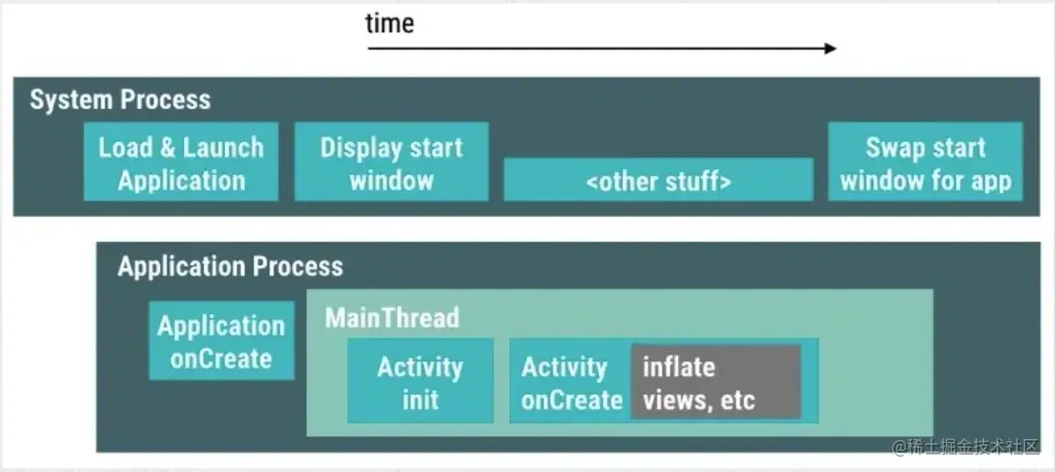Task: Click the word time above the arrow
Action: (390, 24)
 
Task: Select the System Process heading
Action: (120, 101)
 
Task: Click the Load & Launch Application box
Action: (181, 161)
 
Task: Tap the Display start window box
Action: (392, 161)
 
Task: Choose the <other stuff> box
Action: (658, 179)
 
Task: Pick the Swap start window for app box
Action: (925, 161)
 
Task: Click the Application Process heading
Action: (230, 267)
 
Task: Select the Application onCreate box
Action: (221, 341)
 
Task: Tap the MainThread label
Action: (393, 317)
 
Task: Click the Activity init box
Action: (421, 381)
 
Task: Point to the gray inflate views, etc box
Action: (716, 382)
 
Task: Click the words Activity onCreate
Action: (571, 383)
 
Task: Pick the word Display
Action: (363, 148)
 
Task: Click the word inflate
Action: (679, 367)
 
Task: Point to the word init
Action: (421, 400)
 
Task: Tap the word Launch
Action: (223, 148)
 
